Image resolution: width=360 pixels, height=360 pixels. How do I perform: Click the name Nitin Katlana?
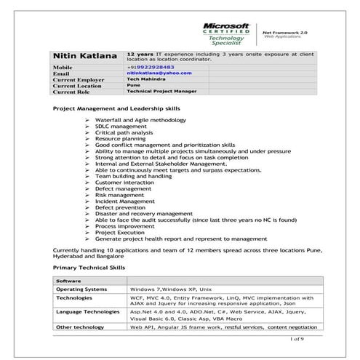pos(84,55)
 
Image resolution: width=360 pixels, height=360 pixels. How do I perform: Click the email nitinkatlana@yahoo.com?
pos(153,73)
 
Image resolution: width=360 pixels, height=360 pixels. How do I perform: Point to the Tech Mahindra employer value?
pos(145,80)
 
